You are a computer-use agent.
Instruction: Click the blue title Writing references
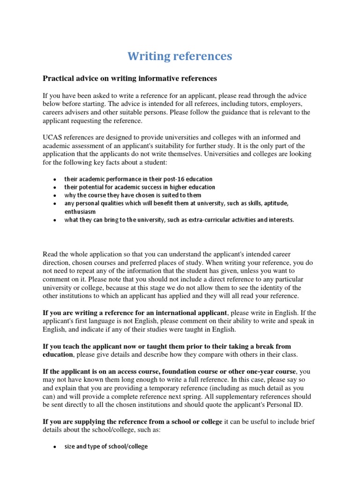pos(180,56)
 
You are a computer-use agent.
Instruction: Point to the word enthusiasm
pos(80,212)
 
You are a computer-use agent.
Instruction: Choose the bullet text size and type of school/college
pos(106,447)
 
